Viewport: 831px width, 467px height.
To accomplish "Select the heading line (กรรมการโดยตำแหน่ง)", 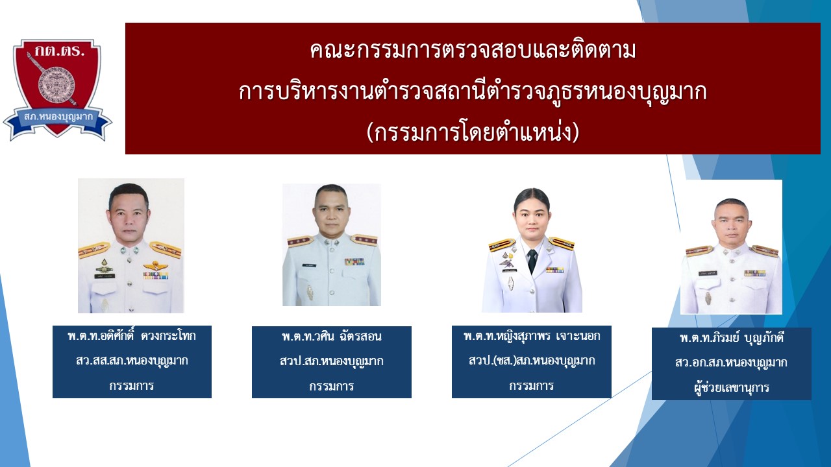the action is coord(473,133).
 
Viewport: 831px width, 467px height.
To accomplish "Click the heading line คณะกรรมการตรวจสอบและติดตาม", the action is coord(473,51).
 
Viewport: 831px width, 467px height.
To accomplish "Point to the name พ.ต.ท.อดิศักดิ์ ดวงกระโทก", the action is coord(132,337).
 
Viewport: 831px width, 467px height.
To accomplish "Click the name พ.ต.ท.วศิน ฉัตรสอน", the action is coord(331,337).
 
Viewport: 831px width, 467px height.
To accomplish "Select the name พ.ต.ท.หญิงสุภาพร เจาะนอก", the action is coord(532,337).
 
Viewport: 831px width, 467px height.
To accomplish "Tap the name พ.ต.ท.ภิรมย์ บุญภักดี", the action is coord(732,338).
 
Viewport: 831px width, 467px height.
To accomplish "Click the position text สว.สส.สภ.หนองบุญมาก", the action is coord(132,361).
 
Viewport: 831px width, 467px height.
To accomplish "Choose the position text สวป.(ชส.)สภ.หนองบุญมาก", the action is coord(532,361).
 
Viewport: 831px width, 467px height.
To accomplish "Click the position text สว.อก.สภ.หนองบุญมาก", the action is coord(732,363).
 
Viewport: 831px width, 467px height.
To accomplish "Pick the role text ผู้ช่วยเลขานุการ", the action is coord(732,388).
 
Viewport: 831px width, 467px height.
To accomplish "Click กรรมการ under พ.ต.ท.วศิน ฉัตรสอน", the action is coord(331,386).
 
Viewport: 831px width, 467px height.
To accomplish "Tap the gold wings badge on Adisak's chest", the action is coord(155,265).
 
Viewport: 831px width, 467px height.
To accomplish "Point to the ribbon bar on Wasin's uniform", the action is coord(354,261).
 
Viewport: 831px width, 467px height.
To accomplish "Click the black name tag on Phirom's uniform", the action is coord(708,274).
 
